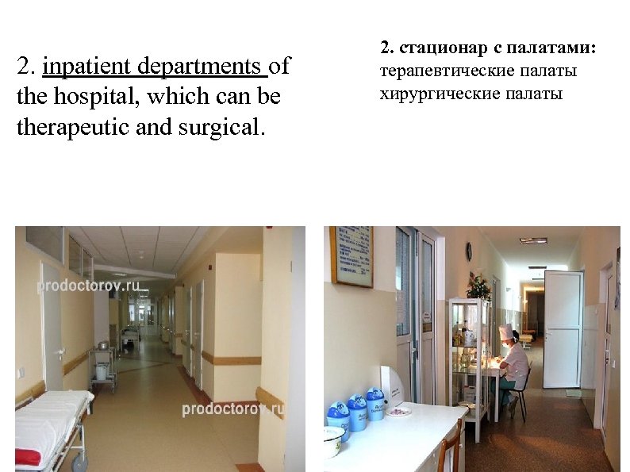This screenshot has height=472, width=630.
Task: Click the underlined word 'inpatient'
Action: click(x=88, y=67)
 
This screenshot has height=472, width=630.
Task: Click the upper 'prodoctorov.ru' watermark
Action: click(x=89, y=285)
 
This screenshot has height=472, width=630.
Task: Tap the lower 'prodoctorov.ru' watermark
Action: click(x=232, y=409)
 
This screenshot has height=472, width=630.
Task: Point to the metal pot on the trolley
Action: click(x=102, y=346)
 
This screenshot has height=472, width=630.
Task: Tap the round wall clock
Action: click(x=468, y=251)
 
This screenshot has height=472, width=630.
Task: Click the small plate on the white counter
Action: click(x=400, y=411)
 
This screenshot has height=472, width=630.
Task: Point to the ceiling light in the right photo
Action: click(x=533, y=240)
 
